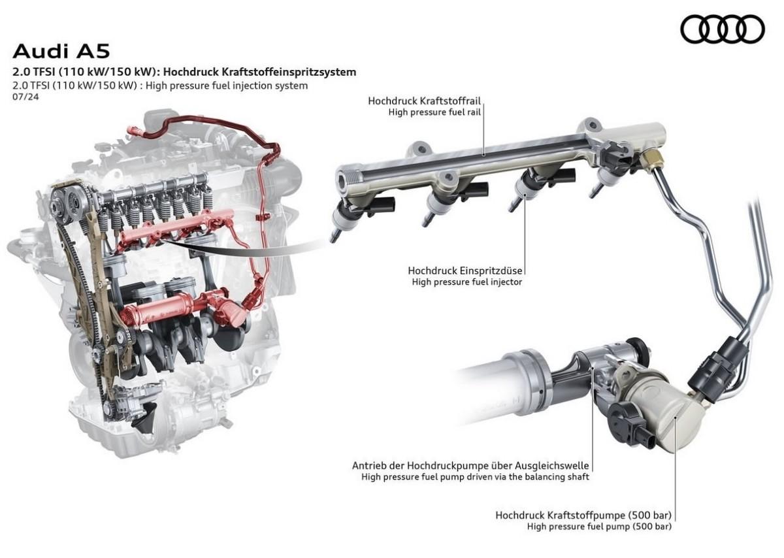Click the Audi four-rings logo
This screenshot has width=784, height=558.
(723, 29)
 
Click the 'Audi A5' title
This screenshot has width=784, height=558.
(61, 51)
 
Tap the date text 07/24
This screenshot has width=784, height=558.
(25, 97)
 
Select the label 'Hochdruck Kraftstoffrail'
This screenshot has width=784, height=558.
(424, 101)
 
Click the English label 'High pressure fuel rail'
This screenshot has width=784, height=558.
(434, 112)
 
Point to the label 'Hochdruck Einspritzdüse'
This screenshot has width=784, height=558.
(465, 271)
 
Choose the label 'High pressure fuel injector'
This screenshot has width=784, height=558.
(467, 282)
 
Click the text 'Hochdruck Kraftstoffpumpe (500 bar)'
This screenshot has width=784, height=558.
(583, 516)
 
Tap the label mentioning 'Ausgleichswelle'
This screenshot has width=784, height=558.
(470, 466)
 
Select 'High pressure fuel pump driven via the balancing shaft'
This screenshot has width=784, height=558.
(476, 477)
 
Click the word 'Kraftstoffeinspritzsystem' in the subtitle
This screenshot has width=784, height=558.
(289, 72)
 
